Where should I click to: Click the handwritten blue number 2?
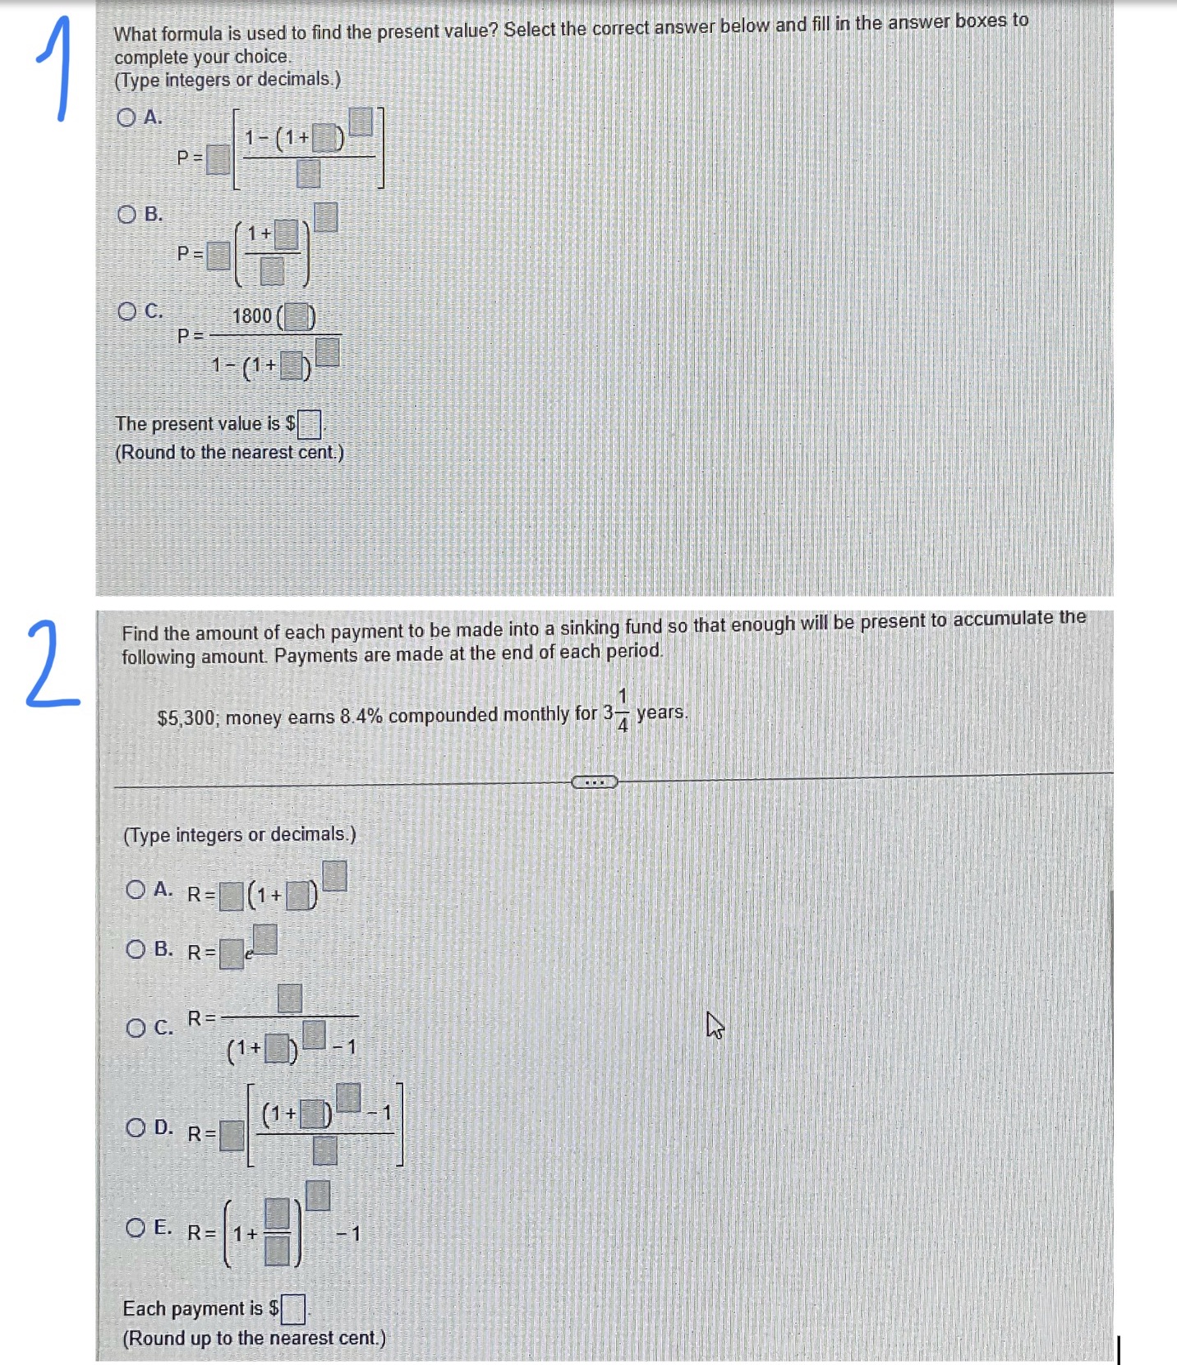click(51, 666)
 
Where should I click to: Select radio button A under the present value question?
click(126, 118)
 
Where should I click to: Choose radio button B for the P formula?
click(126, 214)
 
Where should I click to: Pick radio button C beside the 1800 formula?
click(126, 311)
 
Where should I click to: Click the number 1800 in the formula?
click(251, 316)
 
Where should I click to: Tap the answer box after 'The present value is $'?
click(309, 424)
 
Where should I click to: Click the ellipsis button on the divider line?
click(594, 782)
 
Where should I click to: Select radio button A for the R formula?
click(136, 889)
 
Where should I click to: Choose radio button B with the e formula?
click(136, 949)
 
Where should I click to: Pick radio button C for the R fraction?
click(136, 1028)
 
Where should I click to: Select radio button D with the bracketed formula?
click(136, 1128)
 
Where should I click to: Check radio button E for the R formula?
click(136, 1229)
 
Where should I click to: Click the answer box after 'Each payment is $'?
click(293, 1309)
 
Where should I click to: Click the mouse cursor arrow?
click(714, 1025)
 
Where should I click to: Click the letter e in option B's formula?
click(249, 954)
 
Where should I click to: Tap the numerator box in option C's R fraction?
click(289, 998)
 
